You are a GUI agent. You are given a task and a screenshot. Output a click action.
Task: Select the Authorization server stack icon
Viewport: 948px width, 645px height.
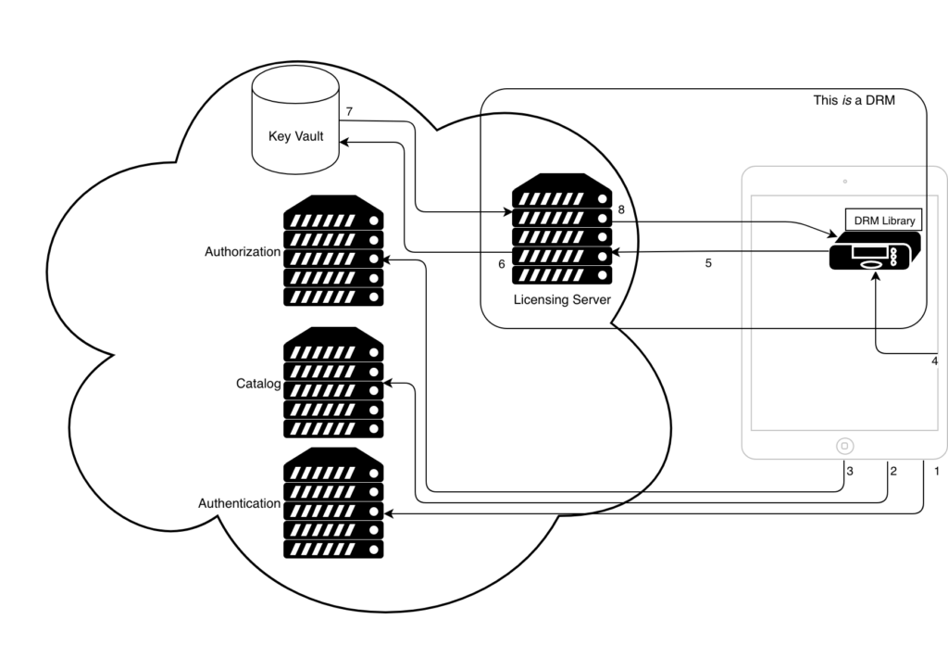(333, 250)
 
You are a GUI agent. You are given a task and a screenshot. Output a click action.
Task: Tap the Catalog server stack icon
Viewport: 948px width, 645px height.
(333, 382)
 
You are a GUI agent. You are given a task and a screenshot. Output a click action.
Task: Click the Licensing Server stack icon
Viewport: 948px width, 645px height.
(562, 229)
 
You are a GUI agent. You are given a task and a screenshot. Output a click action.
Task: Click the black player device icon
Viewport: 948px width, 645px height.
(875, 252)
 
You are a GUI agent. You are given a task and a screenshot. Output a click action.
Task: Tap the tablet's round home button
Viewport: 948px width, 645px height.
(844, 446)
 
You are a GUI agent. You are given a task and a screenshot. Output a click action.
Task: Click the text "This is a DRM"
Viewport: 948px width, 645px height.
(854, 100)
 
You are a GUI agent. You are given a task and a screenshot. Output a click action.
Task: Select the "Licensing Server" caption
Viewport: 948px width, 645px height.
(562, 300)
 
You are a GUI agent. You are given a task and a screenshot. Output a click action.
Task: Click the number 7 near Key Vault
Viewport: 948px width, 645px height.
(350, 112)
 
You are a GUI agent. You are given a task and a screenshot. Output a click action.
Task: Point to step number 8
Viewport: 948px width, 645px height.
(621, 210)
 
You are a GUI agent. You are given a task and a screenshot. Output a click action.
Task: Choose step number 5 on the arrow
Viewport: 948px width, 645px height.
(708, 263)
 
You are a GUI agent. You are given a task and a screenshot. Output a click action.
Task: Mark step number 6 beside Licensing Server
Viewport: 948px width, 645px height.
(502, 264)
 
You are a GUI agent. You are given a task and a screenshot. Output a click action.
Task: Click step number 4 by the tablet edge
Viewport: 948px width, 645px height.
(935, 360)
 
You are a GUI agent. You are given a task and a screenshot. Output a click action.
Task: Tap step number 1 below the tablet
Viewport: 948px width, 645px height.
(937, 472)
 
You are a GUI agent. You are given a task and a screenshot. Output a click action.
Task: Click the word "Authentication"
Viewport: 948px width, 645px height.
(239, 503)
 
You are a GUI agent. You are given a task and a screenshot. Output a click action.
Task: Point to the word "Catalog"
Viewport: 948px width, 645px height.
(258, 383)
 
